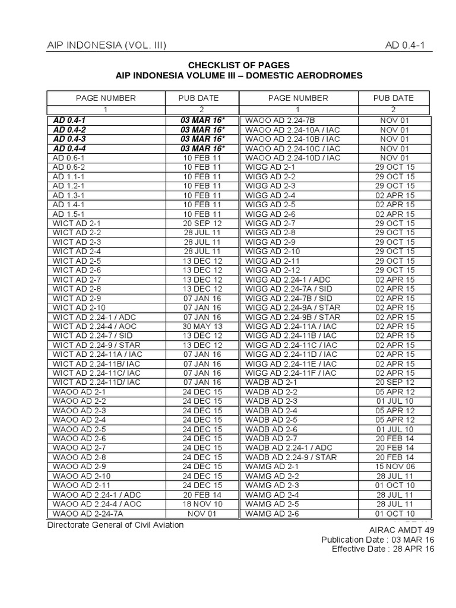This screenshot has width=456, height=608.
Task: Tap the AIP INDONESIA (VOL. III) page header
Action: tap(107, 46)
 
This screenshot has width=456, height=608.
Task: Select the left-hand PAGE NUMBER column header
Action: tap(106, 98)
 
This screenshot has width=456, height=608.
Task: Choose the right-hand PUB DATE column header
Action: tap(393, 98)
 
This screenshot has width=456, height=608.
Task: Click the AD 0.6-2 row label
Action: tap(69, 167)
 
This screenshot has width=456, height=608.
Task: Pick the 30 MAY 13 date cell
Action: tap(202, 326)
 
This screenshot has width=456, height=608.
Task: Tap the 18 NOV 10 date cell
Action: tap(202, 504)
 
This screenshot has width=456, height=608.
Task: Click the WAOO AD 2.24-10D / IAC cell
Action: tap(293, 158)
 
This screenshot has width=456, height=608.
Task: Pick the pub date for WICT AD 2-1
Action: tap(202, 223)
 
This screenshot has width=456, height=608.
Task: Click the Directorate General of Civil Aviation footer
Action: tap(116, 525)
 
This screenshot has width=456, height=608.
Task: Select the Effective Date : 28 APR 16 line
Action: tap(383, 549)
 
